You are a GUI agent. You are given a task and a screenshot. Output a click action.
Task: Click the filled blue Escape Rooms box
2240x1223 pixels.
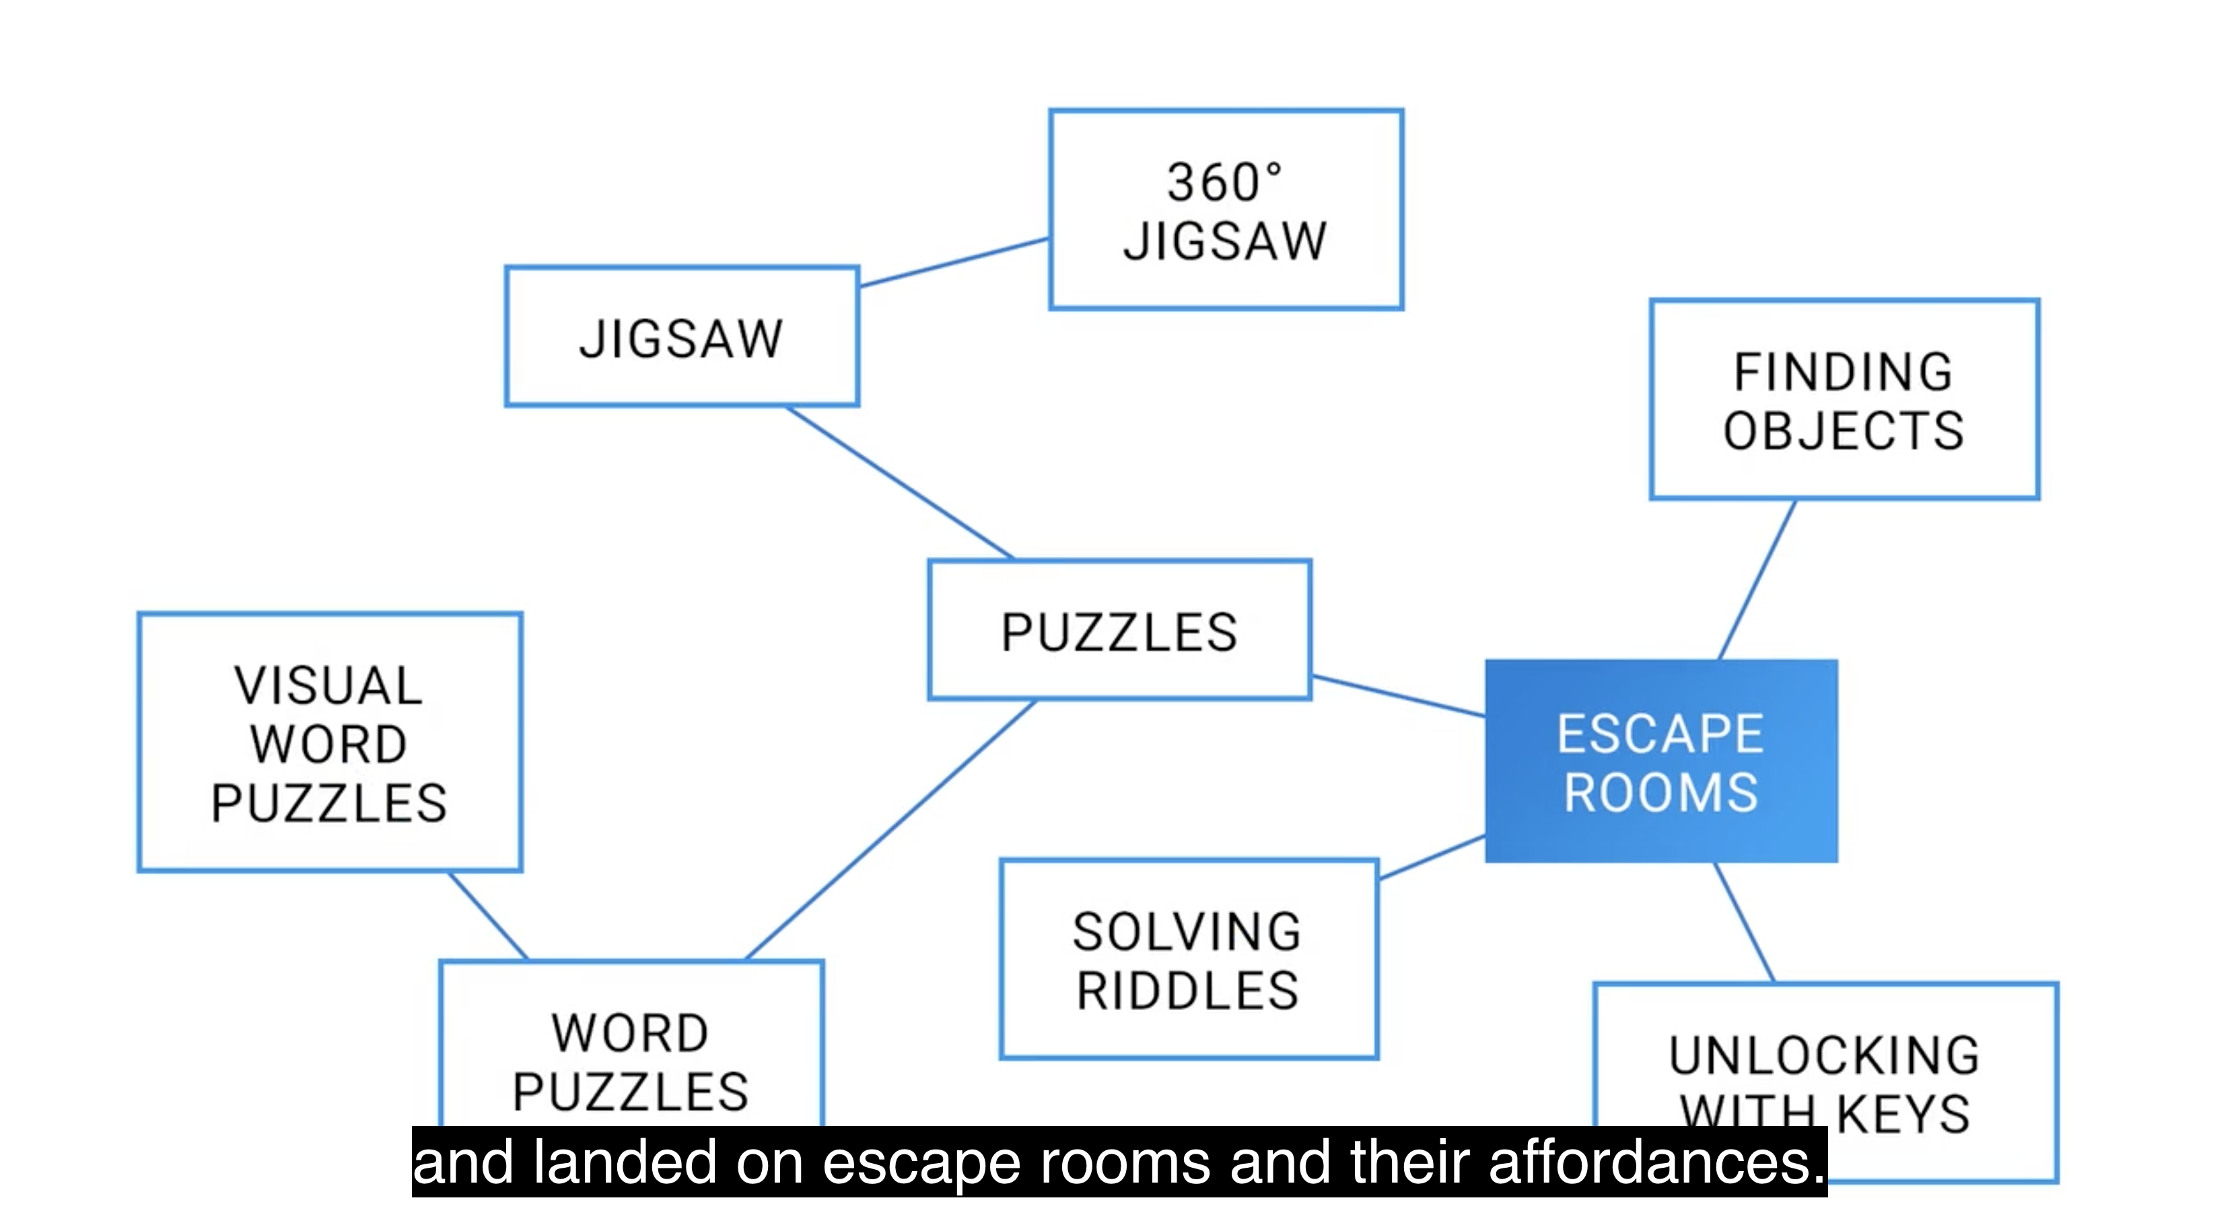[1661, 761]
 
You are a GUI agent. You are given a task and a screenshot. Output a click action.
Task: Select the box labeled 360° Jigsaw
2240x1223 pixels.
[1226, 209]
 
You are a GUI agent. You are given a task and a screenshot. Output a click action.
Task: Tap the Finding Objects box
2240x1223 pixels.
[1844, 400]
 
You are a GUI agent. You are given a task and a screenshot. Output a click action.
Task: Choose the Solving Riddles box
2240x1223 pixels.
[1189, 960]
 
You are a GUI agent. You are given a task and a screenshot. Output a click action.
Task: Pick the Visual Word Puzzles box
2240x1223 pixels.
[330, 742]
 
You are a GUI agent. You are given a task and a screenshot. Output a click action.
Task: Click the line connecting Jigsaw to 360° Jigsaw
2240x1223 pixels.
[954, 262]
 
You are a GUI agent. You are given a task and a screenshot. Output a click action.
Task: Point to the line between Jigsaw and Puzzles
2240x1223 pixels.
[900, 483]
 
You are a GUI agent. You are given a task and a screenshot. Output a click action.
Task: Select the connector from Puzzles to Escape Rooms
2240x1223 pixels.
[1398, 696]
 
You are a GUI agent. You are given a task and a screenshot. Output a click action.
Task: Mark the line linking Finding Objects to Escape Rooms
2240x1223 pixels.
[1757, 581]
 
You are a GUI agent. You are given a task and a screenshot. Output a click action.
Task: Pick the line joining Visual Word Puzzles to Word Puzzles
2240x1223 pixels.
[488, 915]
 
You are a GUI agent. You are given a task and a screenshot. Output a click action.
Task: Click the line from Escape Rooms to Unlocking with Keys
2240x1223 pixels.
[1743, 922]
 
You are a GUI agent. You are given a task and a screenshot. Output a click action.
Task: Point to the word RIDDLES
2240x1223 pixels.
[1189, 991]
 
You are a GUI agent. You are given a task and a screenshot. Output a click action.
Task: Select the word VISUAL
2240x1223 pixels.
[328, 686]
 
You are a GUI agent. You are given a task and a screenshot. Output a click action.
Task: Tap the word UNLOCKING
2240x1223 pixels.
[1824, 1056]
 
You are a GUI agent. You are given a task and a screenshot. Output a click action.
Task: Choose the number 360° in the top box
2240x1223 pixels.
[1224, 183]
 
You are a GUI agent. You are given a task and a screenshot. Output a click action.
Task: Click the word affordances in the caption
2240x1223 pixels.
[1656, 1163]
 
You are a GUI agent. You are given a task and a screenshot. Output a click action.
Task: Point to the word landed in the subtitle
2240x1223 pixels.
[625, 1163]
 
